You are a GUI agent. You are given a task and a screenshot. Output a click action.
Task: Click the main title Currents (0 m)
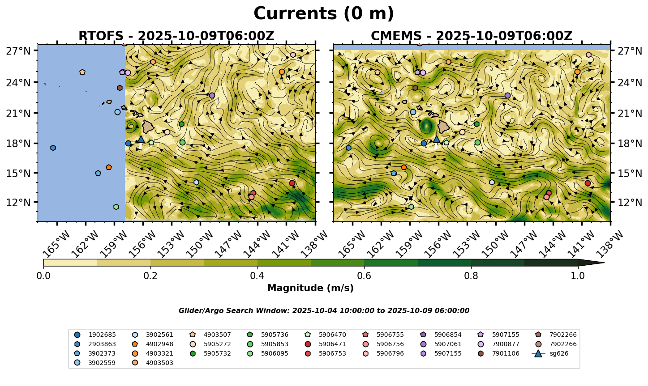coord(324,14)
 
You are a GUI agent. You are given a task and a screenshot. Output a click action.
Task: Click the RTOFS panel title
coord(176,36)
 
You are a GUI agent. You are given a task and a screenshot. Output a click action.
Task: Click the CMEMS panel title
coord(472,36)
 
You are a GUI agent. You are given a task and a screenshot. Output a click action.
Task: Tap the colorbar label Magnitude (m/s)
coord(310,288)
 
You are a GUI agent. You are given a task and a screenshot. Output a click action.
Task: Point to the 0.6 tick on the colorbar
coord(364,275)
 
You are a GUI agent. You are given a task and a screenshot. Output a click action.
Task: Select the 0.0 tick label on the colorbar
coord(43,275)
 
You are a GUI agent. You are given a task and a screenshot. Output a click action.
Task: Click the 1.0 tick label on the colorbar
coord(578,275)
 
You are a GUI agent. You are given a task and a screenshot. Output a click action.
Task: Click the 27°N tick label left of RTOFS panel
coord(18,51)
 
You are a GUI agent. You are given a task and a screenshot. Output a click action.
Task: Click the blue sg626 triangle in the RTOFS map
coord(141,140)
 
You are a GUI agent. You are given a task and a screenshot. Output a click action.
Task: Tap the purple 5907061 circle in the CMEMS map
coord(507,95)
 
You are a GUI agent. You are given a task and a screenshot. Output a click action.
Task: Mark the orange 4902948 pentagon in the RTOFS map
coord(108,167)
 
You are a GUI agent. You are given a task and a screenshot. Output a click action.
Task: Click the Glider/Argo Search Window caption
coord(324,311)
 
